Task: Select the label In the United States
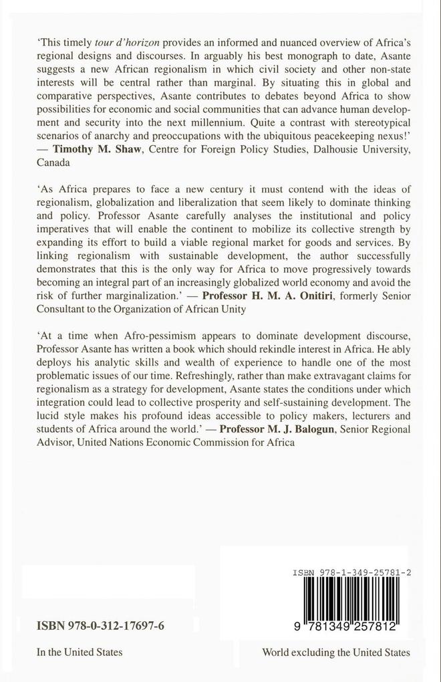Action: point(80,653)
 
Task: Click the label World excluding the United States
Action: point(336,653)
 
